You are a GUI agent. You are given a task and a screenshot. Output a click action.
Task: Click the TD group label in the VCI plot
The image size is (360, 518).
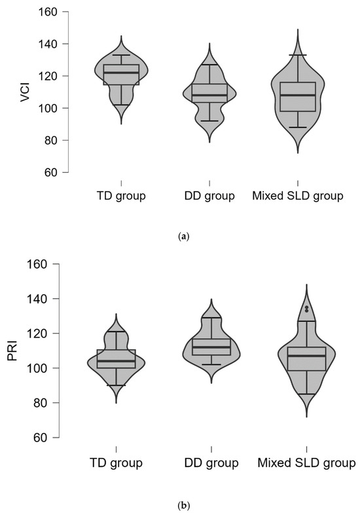click(x=121, y=195)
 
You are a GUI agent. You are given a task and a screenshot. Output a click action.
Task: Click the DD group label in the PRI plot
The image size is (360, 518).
click(x=212, y=464)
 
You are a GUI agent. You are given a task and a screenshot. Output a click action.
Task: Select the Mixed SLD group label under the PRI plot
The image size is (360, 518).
click(x=306, y=464)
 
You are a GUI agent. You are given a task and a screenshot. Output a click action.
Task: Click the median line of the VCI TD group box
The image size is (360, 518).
click(x=121, y=73)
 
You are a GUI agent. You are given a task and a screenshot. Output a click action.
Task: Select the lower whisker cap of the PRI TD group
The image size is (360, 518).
click(x=116, y=385)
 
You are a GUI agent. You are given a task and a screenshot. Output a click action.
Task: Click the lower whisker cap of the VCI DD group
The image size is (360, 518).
click(x=209, y=120)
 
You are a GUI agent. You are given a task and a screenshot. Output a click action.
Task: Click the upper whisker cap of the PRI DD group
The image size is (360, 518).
click(x=212, y=318)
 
